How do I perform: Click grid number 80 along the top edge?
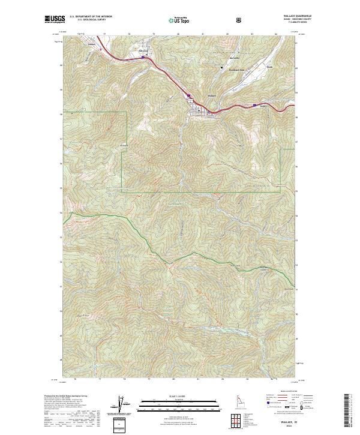(x=179, y=35)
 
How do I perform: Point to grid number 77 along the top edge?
(x=104, y=35)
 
